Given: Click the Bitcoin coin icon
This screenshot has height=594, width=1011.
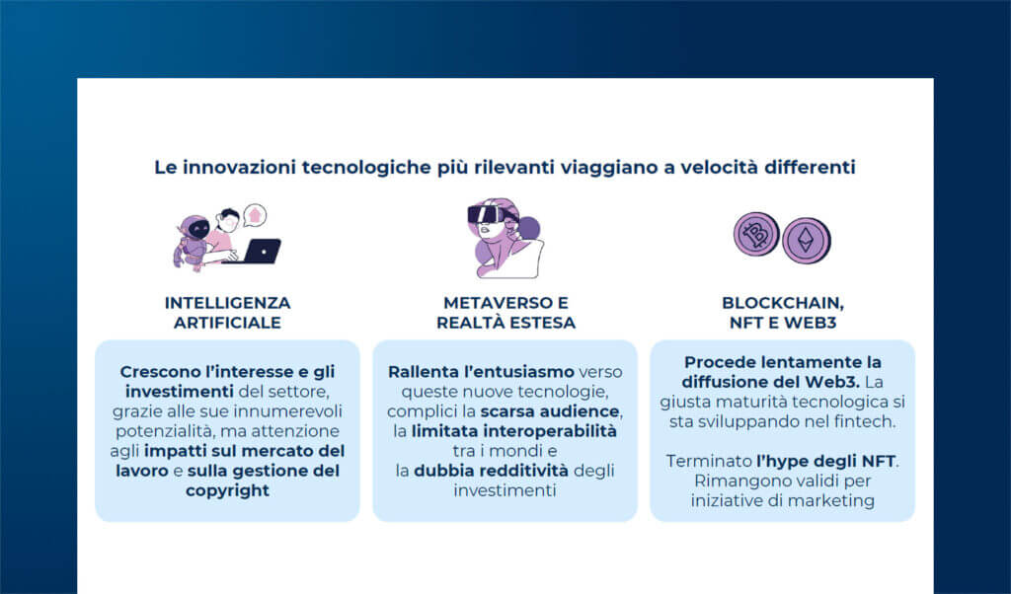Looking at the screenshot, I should (756, 235).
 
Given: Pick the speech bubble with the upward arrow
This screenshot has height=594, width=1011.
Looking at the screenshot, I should (256, 214).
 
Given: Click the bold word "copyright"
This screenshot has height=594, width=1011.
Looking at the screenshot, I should (227, 490).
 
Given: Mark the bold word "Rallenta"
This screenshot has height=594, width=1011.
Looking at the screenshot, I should (427, 371).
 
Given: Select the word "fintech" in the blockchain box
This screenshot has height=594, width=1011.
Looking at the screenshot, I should (865, 421).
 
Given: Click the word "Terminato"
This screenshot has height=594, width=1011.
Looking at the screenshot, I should (708, 461).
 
